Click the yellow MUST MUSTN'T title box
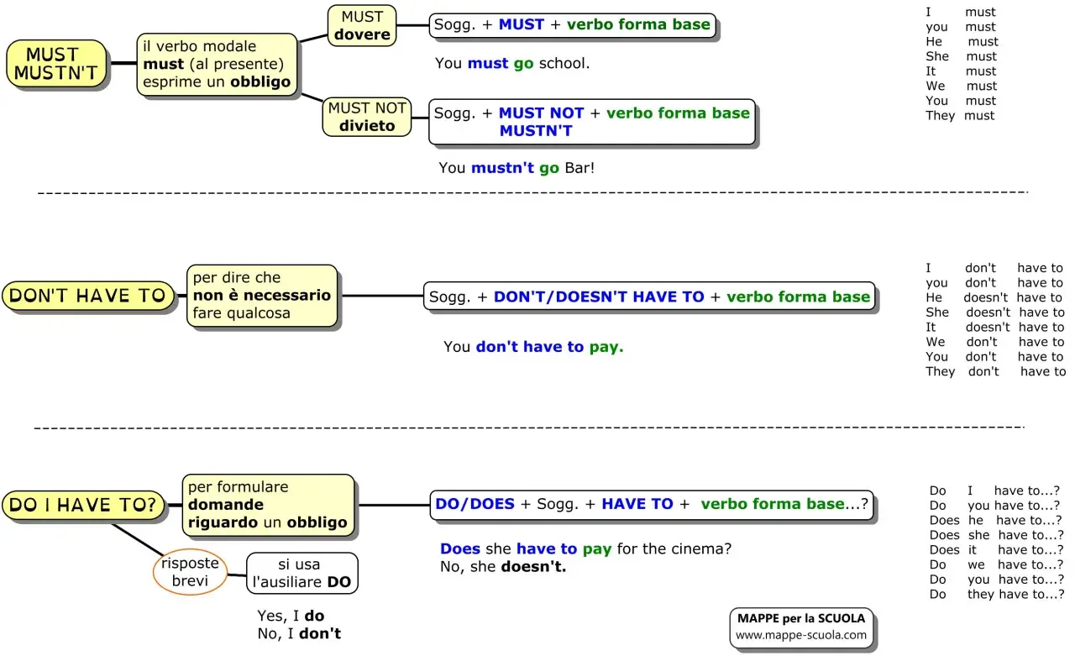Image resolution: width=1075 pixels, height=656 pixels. tap(56, 63)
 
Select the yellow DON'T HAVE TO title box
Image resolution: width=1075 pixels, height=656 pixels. tap(88, 295)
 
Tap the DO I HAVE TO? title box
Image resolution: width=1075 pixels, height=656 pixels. tap(83, 505)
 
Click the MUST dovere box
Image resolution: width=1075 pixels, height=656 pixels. tap(362, 25)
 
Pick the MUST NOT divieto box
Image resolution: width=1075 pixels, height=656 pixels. tap(367, 117)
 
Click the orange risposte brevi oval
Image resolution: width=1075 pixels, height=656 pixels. tap(190, 571)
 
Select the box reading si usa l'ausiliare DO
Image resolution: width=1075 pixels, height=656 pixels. tap(302, 573)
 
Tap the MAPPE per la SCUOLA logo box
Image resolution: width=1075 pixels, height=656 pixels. tap(801, 627)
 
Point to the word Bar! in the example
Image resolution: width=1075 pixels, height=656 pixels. tap(579, 167)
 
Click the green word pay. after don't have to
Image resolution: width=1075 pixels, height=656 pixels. tap(606, 347)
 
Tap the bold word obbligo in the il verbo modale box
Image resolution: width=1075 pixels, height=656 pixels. tap(260, 82)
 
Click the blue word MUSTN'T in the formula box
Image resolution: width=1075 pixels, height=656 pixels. tap(536, 130)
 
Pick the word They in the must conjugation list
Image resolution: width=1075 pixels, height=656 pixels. tap(940, 116)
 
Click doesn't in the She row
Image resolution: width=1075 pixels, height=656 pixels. tap(988, 312)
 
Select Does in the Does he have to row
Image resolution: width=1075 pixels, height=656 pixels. tap(945, 520)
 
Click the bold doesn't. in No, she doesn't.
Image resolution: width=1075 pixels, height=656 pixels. tap(533, 567)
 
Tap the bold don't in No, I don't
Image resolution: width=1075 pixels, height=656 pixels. tap(320, 633)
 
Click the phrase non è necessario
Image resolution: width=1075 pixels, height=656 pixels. tap(261, 295)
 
